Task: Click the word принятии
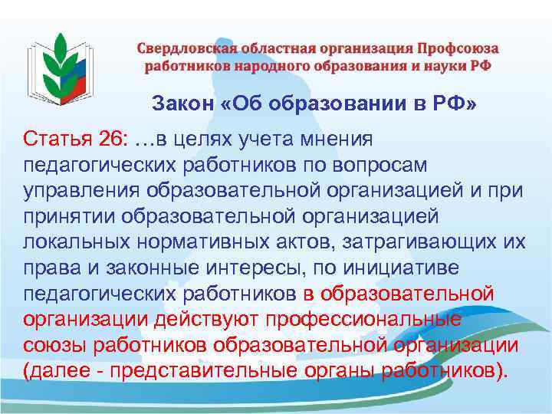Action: (x=69, y=216)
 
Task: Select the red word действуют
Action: (x=222, y=319)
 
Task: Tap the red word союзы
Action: (x=53, y=345)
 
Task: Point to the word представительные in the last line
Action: (x=199, y=371)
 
